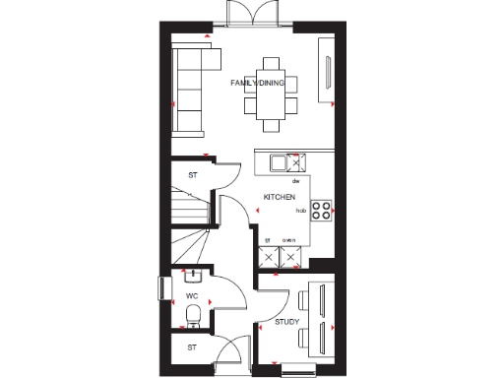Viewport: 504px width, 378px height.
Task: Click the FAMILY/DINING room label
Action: pyautogui.click(x=257, y=84)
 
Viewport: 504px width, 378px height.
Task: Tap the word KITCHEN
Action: pyautogui.click(x=279, y=198)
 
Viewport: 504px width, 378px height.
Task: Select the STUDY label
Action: pyautogui.click(x=286, y=322)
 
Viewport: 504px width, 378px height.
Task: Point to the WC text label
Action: pyautogui.click(x=192, y=294)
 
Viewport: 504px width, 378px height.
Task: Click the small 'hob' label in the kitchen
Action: pyautogui.click(x=300, y=211)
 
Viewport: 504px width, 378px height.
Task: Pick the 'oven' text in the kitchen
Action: pyautogui.click(x=289, y=239)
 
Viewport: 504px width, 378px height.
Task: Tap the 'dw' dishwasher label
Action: pyautogui.click(x=294, y=182)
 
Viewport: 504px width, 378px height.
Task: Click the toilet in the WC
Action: pyautogui.click(x=194, y=315)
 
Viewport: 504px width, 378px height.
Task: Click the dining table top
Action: pyautogui.click(x=271, y=86)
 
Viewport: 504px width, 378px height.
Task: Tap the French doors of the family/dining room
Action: pyautogui.click(x=246, y=14)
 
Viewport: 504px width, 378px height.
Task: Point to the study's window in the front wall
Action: pyautogui.click(x=299, y=369)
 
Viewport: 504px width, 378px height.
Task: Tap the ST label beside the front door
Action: pyautogui.click(x=193, y=347)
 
